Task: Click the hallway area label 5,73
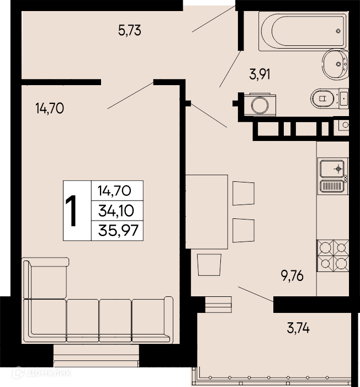pyautogui.click(x=129, y=31)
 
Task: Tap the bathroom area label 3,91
pyautogui.click(x=260, y=74)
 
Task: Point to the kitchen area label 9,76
pyautogui.click(x=292, y=276)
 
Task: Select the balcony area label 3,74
pyautogui.click(x=298, y=328)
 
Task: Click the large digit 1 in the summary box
pyautogui.click(x=71, y=211)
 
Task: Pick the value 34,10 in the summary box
pyautogui.click(x=116, y=211)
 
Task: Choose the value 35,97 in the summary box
pyautogui.click(x=118, y=231)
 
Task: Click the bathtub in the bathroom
pyautogui.click(x=303, y=31)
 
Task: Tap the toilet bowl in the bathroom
pyautogui.click(x=323, y=98)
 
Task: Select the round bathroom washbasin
pyautogui.click(x=335, y=65)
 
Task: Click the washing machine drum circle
pyautogui.click(x=260, y=106)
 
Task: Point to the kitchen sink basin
pyautogui.click(x=332, y=169)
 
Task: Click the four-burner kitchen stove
pyautogui.click(x=333, y=255)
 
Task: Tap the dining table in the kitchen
pyautogui.click(x=207, y=212)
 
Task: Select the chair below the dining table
pyautogui.click(x=209, y=265)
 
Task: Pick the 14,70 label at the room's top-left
pyautogui.click(x=50, y=108)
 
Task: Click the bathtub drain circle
pyautogui.click(x=338, y=31)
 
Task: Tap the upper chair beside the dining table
pyautogui.click(x=243, y=193)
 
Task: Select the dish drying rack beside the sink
pyautogui.click(x=332, y=186)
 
